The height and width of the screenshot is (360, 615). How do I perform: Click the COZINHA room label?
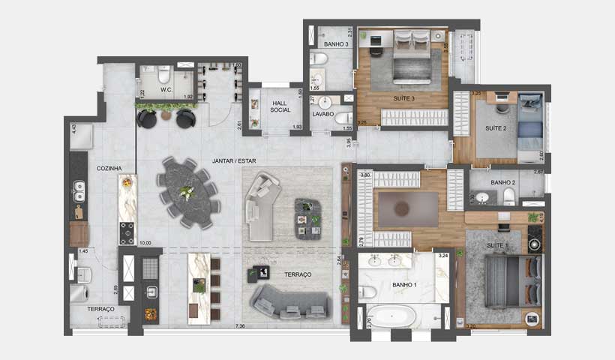(x=109, y=169)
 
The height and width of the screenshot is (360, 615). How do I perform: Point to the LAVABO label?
(x=324, y=115)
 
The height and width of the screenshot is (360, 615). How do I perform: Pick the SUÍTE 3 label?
(x=403, y=98)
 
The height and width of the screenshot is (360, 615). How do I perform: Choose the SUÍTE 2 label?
(x=496, y=129)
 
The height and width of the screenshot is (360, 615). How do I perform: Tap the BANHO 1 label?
(x=406, y=285)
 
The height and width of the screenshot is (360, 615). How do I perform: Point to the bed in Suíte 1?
(x=511, y=280)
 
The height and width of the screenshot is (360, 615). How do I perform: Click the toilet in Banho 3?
(x=318, y=57)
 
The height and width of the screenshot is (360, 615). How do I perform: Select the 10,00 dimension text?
(x=145, y=243)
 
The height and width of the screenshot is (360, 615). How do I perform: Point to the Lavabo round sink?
(x=325, y=102)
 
